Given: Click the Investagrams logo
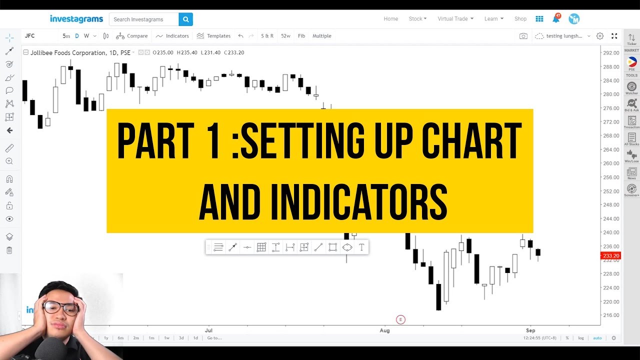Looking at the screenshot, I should pos(76,19).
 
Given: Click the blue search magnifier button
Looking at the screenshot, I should pos(185,19).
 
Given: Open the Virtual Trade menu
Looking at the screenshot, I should pos(455,19).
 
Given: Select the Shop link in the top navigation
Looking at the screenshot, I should pos(520,19).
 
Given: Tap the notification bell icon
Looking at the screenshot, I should pos(555,19).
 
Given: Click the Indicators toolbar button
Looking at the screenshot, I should pos(172,36).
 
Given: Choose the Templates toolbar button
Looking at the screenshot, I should pos(213,36).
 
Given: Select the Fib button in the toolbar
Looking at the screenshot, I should pos(301,36).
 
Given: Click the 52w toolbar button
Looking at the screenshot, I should pos(285,36).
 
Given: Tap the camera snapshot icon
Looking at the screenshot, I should pos(523,36).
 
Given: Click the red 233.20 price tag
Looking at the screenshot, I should pos(610,256).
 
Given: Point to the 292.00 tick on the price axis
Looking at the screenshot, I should pos(611,53).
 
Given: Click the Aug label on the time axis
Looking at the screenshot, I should pos(384,330).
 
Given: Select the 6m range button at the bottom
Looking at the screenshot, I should pos(120,338).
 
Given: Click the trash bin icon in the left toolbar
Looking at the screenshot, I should pos(9,250).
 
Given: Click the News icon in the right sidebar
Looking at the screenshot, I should pos(631,173).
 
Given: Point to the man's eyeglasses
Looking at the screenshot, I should pos(60,307).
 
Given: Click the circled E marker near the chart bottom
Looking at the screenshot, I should pos(400,319).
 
